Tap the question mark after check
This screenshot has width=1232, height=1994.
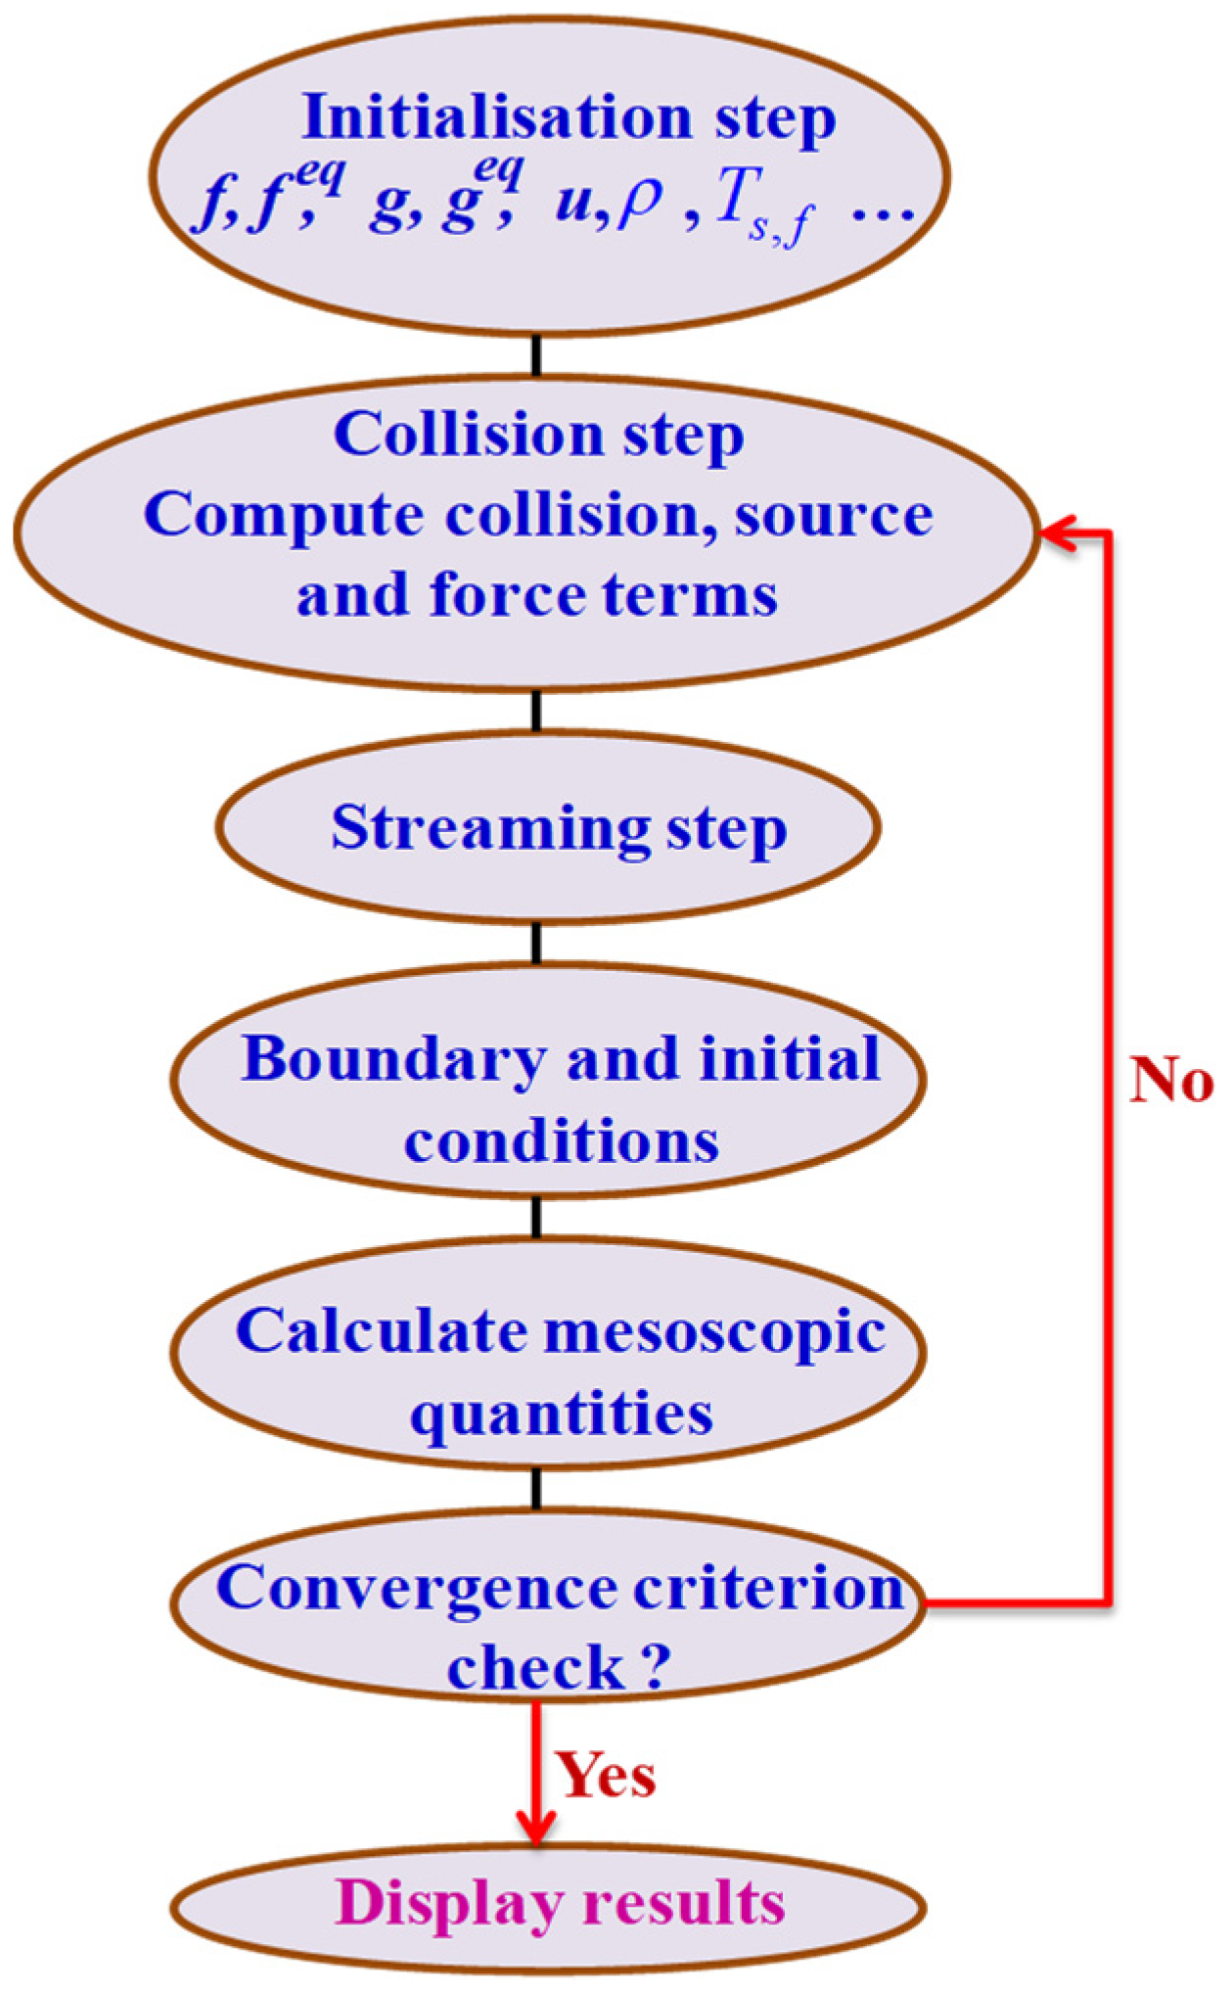pos(656,1666)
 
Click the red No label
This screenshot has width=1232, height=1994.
pos(1171,1082)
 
